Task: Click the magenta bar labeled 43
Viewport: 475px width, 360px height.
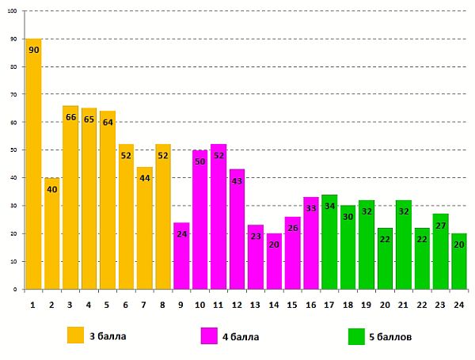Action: coord(237,229)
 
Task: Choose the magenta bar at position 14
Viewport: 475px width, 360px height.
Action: coord(274,261)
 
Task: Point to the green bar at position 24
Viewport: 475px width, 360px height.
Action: coord(459,261)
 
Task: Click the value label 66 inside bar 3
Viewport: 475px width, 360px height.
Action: coord(70,117)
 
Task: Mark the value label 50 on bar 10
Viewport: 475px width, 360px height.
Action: coord(199,161)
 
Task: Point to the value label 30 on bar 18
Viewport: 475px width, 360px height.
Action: coord(348,218)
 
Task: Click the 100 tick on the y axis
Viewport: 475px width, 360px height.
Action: coord(13,12)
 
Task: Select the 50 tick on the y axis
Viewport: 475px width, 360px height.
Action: coord(15,150)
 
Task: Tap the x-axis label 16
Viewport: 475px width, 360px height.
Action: coord(311,303)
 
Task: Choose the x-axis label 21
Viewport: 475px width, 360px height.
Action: coord(404,303)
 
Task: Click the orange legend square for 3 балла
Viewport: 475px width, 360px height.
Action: coord(75,335)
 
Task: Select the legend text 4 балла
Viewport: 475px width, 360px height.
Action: coord(241,337)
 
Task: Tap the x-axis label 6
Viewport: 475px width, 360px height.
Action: coord(126,303)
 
